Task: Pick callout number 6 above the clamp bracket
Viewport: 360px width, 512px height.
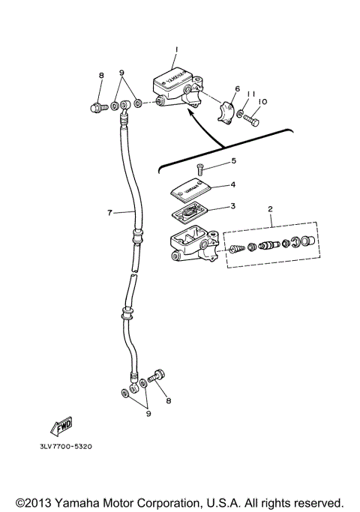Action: (x=237, y=88)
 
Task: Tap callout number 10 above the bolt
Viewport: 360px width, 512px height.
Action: (x=262, y=101)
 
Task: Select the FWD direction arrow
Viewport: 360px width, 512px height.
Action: (x=60, y=425)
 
